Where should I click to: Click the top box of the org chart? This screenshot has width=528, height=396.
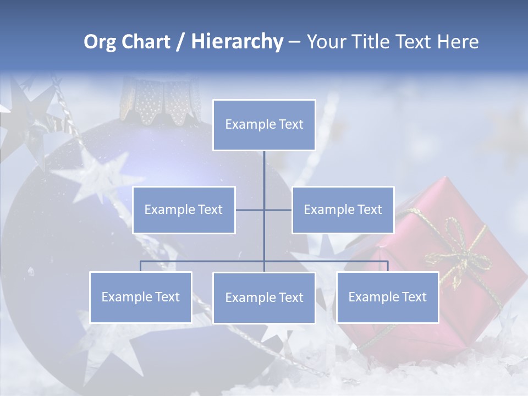(264, 125)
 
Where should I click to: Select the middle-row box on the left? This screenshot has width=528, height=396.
(184, 210)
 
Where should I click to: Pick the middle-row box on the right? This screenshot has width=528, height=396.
(343, 210)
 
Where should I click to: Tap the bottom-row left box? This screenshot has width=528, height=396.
(140, 297)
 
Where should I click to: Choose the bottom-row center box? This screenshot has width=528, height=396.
(264, 298)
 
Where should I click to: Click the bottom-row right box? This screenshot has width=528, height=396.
(387, 297)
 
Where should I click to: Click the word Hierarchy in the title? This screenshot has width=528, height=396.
(237, 42)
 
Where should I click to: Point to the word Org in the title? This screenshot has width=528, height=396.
(100, 42)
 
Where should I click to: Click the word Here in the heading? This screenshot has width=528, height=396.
(458, 42)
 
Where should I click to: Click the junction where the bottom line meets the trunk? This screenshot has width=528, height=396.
(264, 261)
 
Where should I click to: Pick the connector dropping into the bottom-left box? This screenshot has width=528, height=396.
(140, 266)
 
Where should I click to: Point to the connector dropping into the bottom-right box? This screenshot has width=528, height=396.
(388, 266)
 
